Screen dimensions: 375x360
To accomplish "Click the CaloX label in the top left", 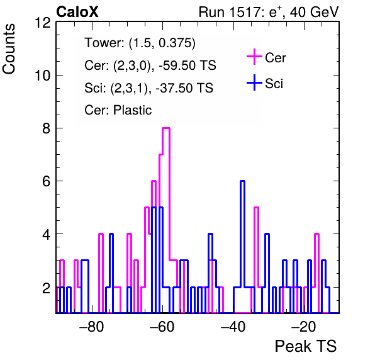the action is tap(77, 12).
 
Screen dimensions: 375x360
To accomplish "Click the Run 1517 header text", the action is tap(269, 12).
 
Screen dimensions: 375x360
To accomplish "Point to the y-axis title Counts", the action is tap(9, 49).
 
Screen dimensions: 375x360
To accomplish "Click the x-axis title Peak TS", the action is tap(306, 346).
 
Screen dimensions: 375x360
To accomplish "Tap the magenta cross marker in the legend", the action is tap(254, 57).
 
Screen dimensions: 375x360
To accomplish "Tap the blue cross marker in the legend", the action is tap(254, 82).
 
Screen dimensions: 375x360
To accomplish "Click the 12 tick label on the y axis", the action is tap(43, 23).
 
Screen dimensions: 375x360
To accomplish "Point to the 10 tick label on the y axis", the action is tap(43, 76).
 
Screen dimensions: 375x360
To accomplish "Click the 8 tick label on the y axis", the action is tap(46, 128).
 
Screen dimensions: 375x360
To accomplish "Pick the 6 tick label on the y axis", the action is tap(46, 181).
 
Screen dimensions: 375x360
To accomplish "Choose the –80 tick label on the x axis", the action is tap(92, 327).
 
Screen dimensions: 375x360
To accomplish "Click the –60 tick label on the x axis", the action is tap(162, 327).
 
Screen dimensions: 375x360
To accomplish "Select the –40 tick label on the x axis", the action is tap(233, 327).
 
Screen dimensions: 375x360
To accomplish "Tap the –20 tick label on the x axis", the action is tap(304, 327).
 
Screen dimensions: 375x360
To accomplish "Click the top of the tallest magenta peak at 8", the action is tap(166, 128).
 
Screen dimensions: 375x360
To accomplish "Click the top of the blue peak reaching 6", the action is tap(242, 181).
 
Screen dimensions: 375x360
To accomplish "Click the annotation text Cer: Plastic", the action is tap(118, 110).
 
